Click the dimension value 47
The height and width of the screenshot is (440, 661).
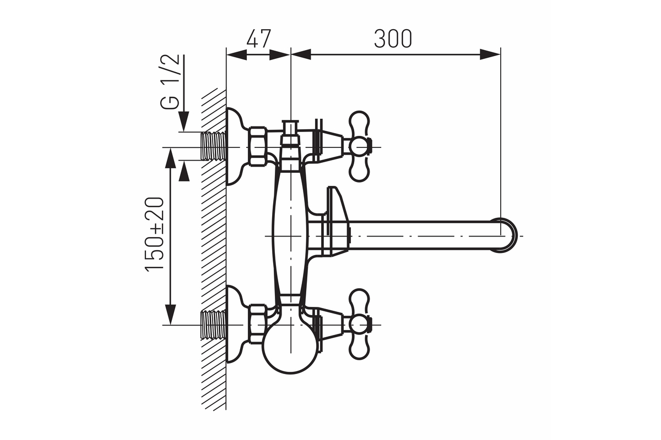[x=258, y=38]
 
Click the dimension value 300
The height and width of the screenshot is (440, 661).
[x=393, y=38]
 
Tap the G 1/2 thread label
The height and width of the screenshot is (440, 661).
[x=170, y=81]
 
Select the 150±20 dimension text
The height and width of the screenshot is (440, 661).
[x=154, y=233]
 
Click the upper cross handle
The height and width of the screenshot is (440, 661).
[x=359, y=146]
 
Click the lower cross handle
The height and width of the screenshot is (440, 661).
[x=359, y=324]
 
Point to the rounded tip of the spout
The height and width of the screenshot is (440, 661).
[x=508, y=235]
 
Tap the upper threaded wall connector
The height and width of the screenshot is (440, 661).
[x=213, y=146]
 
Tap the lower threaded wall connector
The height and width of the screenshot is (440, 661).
[x=213, y=324]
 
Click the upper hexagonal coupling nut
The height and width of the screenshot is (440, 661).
[x=258, y=146]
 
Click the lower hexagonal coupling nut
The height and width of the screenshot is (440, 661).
[x=258, y=324]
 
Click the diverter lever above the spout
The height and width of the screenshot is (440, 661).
[x=337, y=206]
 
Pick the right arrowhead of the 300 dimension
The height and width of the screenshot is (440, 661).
[x=490, y=54]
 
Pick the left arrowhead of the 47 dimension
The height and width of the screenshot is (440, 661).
[x=236, y=54]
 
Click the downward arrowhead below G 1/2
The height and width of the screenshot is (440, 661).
[x=184, y=122]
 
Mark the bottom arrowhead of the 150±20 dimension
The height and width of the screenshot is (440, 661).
[x=171, y=315]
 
